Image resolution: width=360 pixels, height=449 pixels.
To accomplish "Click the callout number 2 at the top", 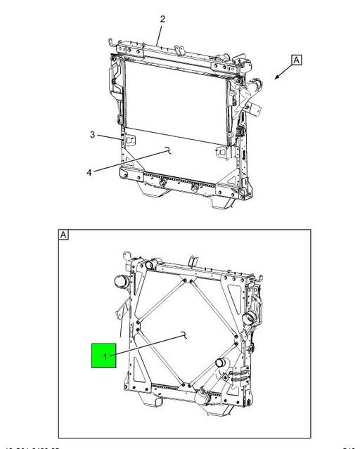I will [162, 19].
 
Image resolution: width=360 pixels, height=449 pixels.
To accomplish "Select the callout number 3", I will [92, 134].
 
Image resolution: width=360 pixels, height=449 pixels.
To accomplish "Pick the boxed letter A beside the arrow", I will [297, 60].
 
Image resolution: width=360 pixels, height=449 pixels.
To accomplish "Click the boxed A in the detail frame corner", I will [64, 234].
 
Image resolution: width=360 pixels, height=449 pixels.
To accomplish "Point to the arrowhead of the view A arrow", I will [276, 79].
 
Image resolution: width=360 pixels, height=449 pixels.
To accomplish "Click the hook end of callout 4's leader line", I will [167, 149].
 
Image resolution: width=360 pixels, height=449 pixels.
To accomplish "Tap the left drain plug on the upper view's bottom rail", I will [163, 182].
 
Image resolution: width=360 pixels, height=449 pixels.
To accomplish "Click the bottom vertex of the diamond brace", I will [185, 384].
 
